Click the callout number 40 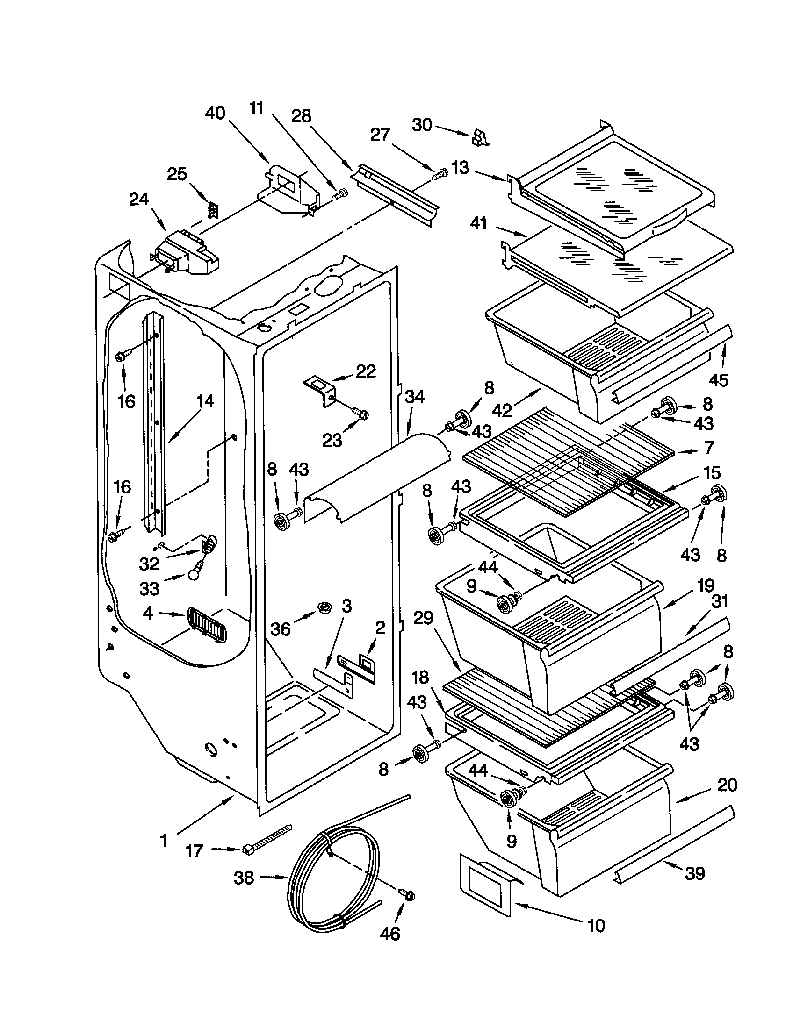pos(216,114)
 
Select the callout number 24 pos(139,200)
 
